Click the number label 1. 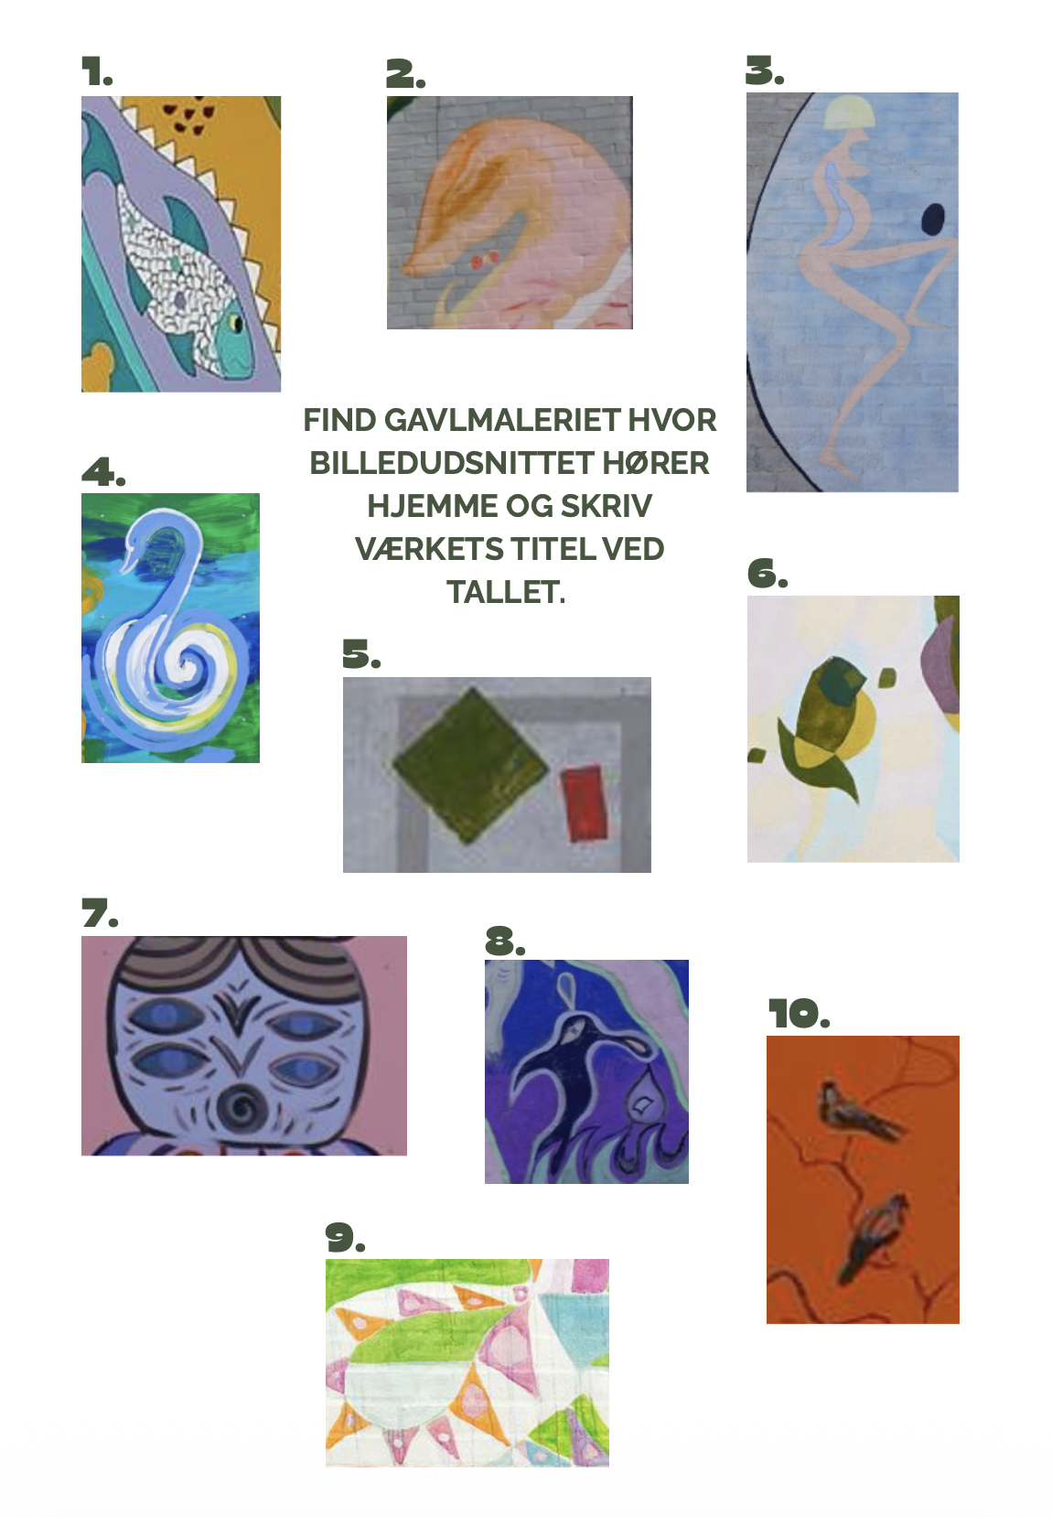click(97, 71)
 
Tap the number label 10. click(799, 1014)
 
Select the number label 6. click(768, 574)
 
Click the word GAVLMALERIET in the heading click(502, 420)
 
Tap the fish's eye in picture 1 click(236, 324)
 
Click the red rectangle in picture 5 click(585, 803)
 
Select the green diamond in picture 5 click(471, 765)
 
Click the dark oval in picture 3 click(933, 218)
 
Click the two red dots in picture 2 click(486, 259)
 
